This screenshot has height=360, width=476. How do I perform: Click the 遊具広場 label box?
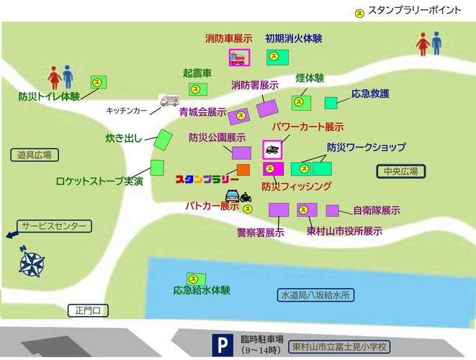click(x=35, y=155)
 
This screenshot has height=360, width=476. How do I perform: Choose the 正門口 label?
click(x=91, y=311)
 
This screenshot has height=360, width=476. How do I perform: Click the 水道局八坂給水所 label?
click(x=315, y=295)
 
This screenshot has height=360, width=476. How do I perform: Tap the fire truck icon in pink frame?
click(x=238, y=58)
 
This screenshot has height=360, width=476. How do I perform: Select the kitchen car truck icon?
click(x=169, y=102)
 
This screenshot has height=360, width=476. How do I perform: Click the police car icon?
click(x=233, y=196)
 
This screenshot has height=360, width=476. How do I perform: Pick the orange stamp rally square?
click(x=243, y=170)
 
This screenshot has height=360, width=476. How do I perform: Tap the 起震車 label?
click(x=197, y=73)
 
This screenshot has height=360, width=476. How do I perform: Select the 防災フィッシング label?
click(x=297, y=186)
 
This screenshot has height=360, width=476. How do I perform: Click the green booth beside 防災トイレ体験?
click(x=98, y=82)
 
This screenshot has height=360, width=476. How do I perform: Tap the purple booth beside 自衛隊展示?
click(x=332, y=210)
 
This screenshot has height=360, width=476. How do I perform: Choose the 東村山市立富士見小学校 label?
click(x=341, y=346)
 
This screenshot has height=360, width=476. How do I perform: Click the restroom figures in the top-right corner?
click(x=431, y=46)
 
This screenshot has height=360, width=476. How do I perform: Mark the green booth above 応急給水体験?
click(x=195, y=278)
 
